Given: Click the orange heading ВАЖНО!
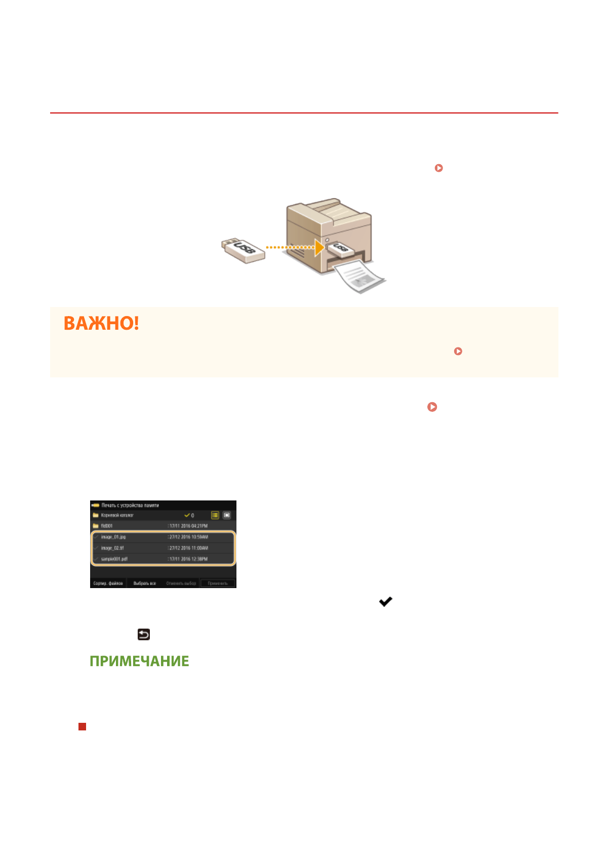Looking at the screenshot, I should [x=101, y=323].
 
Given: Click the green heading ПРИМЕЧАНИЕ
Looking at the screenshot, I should [x=139, y=661].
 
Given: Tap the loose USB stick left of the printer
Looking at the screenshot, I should [x=244, y=250].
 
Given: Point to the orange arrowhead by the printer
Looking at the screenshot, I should [x=318, y=248].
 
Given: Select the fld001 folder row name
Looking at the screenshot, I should [x=107, y=526].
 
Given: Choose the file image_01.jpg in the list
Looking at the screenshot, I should [x=113, y=537].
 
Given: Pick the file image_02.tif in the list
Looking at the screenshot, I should [x=112, y=548].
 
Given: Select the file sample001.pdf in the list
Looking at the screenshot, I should [x=114, y=559].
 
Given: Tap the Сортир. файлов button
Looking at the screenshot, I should [x=108, y=584].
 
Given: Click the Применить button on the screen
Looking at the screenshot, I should [x=218, y=584].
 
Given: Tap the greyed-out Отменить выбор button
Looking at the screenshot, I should [x=181, y=584].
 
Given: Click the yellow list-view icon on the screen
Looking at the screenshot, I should [x=215, y=515].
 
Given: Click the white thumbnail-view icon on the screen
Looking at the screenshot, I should [x=227, y=515].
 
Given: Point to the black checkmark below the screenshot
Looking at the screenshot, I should [x=386, y=602].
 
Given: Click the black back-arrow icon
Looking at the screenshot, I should [x=144, y=634].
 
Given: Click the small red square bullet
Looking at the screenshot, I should [x=82, y=726].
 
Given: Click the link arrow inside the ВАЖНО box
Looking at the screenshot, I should [x=458, y=351].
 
